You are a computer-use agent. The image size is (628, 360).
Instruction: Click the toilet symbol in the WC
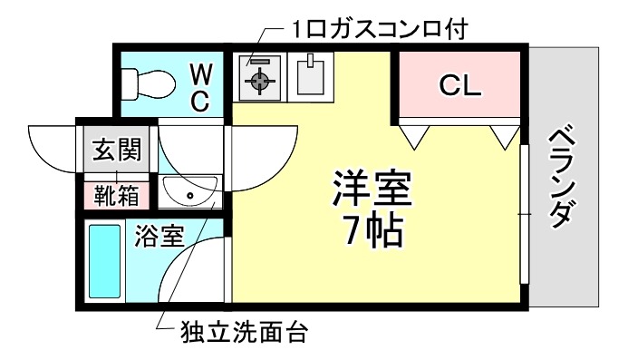tap(150, 84)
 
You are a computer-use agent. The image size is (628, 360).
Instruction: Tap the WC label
tap(200, 87)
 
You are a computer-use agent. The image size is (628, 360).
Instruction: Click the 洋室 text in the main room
tap(372, 190)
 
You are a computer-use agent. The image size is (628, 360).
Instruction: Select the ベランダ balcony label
tap(563, 178)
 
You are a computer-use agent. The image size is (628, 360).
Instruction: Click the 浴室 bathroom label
tap(159, 237)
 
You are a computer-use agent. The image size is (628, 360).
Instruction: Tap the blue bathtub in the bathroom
tap(105, 262)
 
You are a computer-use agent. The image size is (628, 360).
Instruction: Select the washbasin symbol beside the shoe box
tap(189, 193)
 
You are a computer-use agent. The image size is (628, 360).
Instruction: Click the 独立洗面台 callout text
tap(240, 333)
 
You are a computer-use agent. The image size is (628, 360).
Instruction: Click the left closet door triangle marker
tap(413, 137)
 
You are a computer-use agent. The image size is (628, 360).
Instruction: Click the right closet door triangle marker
tap(502, 137)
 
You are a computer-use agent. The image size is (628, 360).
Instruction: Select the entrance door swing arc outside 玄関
tap(50, 145)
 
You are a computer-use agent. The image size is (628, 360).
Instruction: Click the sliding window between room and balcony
tap(523, 212)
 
